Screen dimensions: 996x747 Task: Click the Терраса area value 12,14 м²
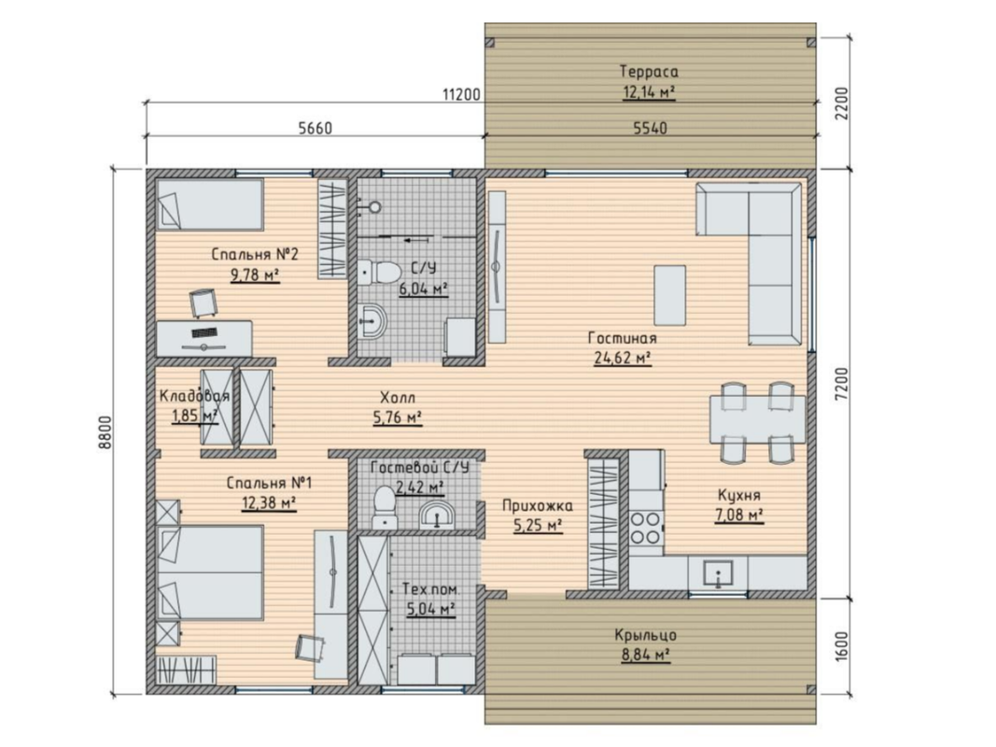(x=649, y=92)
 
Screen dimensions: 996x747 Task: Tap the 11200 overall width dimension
(x=461, y=95)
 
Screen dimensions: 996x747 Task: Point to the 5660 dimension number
(x=316, y=128)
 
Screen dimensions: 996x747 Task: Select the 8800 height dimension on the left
(x=105, y=432)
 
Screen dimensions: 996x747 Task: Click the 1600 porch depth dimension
(x=842, y=647)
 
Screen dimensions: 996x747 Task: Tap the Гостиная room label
(x=623, y=338)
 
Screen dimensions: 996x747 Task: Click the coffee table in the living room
(x=670, y=295)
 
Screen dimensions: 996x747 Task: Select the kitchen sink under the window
(x=719, y=573)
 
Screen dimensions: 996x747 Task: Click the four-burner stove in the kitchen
(x=645, y=529)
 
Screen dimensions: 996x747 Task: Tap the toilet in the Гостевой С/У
(x=384, y=505)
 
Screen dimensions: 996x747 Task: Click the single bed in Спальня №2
(x=210, y=204)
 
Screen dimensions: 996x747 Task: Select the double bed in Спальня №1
(x=210, y=572)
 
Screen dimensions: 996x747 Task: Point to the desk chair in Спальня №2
(x=203, y=303)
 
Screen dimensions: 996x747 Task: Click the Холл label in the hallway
(x=398, y=399)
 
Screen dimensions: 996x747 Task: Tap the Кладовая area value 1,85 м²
(x=195, y=416)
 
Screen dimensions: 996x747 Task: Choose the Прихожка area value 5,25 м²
(x=538, y=526)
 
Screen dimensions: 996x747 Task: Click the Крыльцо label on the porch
(x=645, y=635)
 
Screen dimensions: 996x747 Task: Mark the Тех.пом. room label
(x=431, y=589)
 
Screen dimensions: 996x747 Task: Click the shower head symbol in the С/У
(x=374, y=206)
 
